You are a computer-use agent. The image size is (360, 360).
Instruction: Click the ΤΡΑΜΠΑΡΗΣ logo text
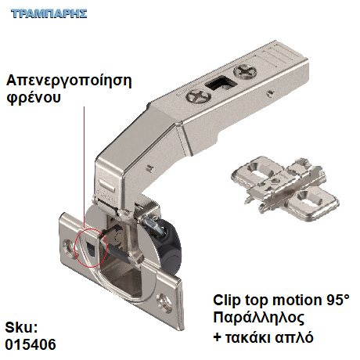[x=49, y=13]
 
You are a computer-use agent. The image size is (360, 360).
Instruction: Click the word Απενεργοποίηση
[x=69, y=81]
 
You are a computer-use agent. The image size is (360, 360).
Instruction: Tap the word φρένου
[x=34, y=98]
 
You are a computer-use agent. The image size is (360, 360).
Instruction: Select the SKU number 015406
[x=31, y=344]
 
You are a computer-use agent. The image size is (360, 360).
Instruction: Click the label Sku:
[x=21, y=327]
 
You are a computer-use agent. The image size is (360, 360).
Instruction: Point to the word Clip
[x=226, y=301]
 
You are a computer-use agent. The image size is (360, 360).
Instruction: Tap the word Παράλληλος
[x=258, y=318]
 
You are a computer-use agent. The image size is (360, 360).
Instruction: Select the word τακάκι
[x=247, y=337]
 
